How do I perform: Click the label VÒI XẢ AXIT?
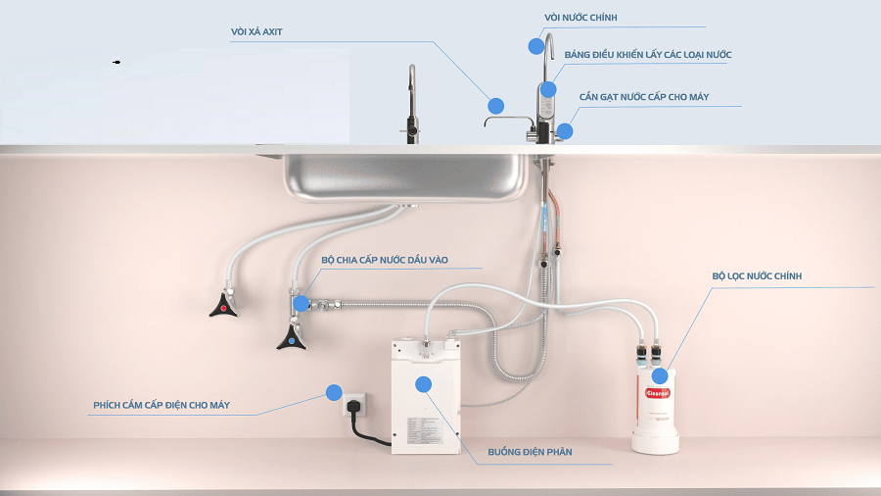(256, 32)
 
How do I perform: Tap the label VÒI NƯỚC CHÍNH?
(580, 18)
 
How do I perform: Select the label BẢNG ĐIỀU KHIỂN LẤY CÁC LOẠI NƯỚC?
(648, 55)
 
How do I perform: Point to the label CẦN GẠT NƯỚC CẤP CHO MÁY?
(644, 97)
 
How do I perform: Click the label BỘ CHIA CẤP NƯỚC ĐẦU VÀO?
(385, 260)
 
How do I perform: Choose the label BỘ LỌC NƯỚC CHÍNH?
(757, 276)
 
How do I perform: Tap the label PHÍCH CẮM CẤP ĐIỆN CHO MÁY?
(162, 405)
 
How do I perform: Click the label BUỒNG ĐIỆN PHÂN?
(530, 452)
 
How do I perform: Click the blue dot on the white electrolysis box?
(424, 384)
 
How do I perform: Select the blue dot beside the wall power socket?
(334, 392)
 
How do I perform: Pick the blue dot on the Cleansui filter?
(660, 375)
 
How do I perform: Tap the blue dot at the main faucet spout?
(536, 46)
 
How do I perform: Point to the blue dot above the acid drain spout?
(495, 106)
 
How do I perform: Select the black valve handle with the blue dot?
(292, 338)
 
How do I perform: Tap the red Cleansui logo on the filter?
(658, 393)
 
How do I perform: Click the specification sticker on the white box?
(423, 430)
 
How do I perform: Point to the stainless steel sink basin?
(404, 175)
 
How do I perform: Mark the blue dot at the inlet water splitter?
(301, 304)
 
